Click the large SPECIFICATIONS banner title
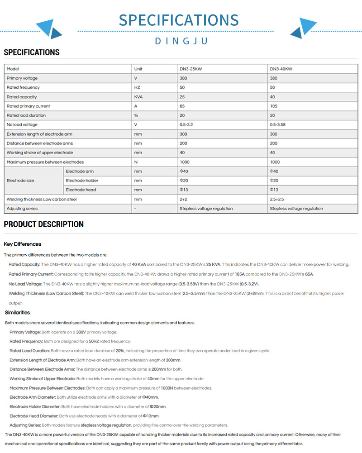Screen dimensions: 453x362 tap(178, 20)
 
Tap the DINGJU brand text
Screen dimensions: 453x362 tap(181, 41)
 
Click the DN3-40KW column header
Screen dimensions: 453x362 tap(281, 69)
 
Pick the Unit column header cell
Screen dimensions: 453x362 tap(138, 69)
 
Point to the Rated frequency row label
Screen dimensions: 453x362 tap(23, 87)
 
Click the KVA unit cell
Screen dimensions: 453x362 tap(139, 97)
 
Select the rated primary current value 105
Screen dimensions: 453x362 tap(273, 106)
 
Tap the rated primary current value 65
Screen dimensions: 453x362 tap(182, 106)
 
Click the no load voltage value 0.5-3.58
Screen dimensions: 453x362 tap(278, 124)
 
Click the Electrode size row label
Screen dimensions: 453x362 tap(20, 181)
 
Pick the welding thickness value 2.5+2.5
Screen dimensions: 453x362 tap(277, 199)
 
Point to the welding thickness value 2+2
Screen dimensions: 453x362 tap(183, 199)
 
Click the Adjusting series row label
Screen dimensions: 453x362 tap(22, 209)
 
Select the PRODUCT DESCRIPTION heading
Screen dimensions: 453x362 tap(43, 224)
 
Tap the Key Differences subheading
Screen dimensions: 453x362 tap(23, 244)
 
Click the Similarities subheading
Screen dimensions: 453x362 tap(17, 312)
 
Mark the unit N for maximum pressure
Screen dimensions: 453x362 tap(136, 162)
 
